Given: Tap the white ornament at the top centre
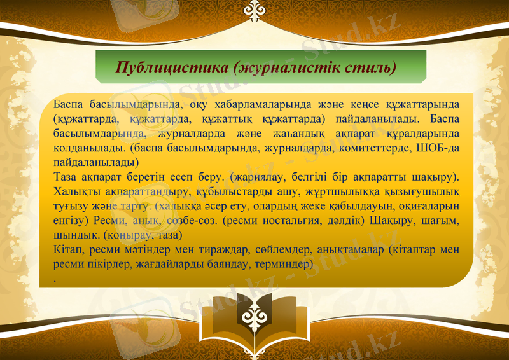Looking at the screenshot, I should pyautogui.click(x=254, y=9).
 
